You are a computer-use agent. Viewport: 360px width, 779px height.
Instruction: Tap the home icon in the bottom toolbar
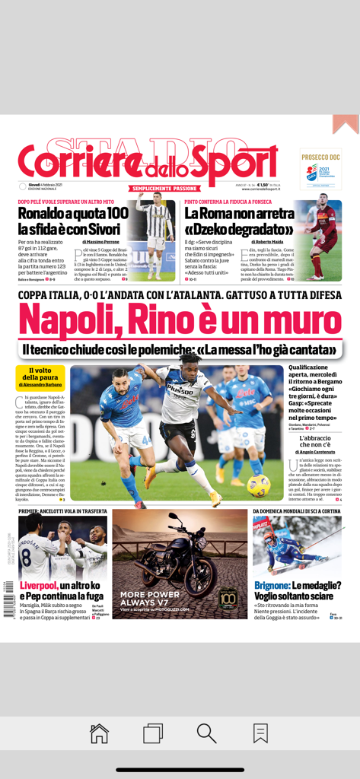click(x=99, y=733)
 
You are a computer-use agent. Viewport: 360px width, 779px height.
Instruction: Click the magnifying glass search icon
click(x=206, y=733)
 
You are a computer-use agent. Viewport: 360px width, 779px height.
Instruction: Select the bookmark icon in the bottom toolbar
click(x=260, y=733)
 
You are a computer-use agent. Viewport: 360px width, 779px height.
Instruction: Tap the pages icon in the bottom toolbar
click(x=153, y=733)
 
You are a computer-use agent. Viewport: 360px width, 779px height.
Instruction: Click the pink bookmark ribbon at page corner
click(x=346, y=123)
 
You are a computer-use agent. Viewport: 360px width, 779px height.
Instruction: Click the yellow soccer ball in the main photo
click(x=258, y=485)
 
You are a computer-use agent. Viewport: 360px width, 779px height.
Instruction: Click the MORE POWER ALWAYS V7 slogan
click(x=150, y=598)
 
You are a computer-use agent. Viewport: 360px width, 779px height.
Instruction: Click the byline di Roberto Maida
click(x=267, y=241)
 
